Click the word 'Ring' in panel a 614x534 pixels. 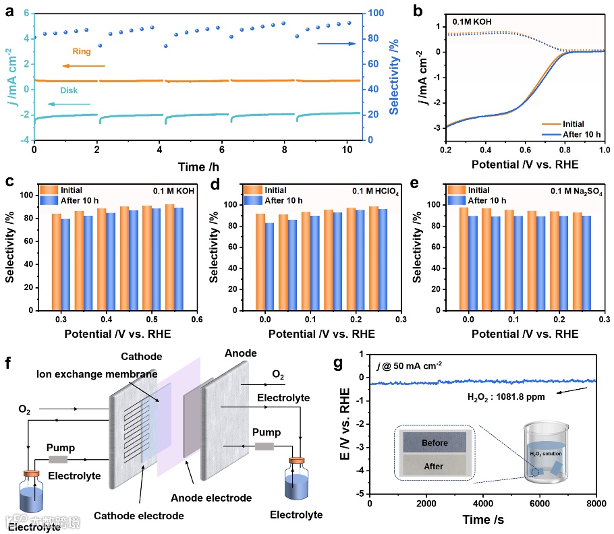click(82, 51)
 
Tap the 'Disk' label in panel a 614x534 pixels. click(69, 90)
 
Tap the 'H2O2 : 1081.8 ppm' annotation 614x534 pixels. click(506, 396)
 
